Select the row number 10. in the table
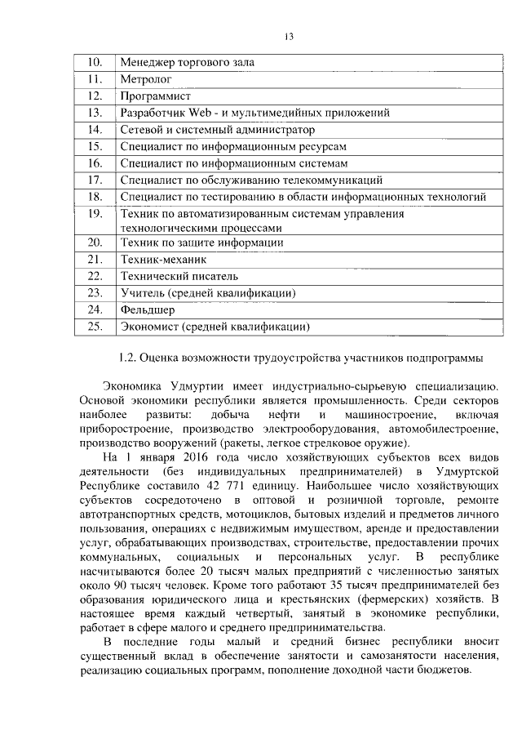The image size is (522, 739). (94, 62)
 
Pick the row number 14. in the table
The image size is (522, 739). (94, 129)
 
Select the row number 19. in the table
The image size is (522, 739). (94, 214)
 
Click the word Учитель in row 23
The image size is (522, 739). (142, 292)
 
